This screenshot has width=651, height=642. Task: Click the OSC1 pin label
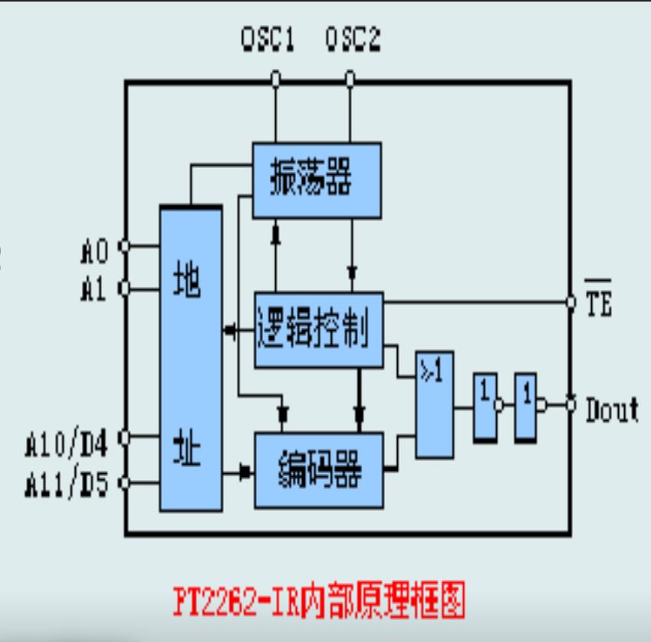pyautogui.click(x=268, y=38)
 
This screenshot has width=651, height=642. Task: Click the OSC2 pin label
pyautogui.click(x=353, y=38)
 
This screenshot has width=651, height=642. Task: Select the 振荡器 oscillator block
pyautogui.click(x=317, y=180)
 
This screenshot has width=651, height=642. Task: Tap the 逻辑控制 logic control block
pyautogui.click(x=318, y=330)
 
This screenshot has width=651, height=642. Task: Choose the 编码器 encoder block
pyautogui.click(x=318, y=469)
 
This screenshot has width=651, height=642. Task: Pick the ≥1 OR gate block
pyautogui.click(x=434, y=405)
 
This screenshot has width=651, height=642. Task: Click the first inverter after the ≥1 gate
pyautogui.click(x=485, y=407)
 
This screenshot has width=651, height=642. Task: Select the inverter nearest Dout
pyautogui.click(x=526, y=407)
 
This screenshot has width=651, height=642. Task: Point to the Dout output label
pyautogui.click(x=611, y=410)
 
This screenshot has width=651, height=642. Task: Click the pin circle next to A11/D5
pyautogui.click(x=125, y=482)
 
